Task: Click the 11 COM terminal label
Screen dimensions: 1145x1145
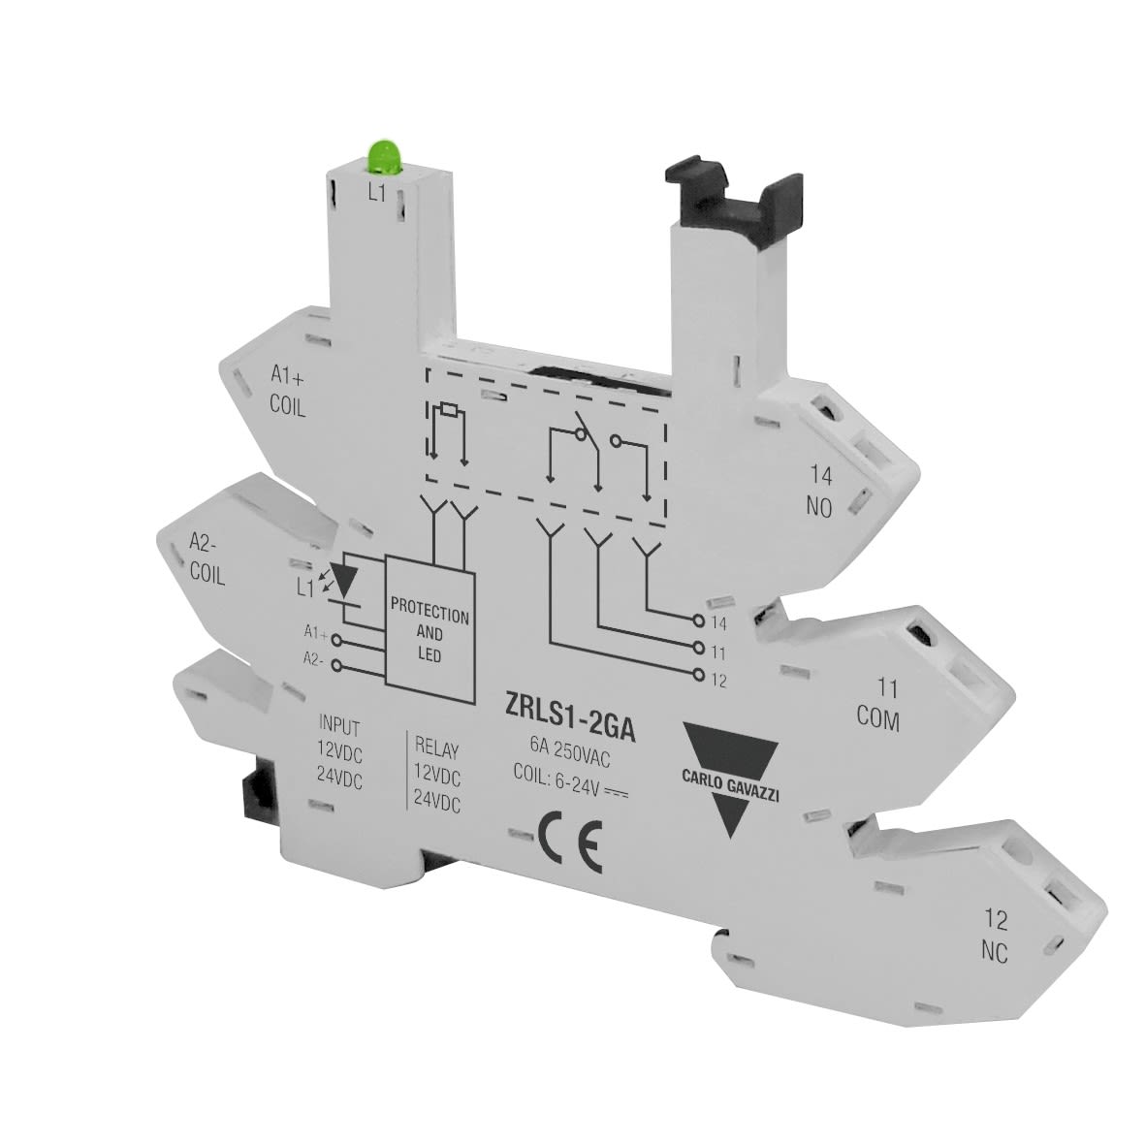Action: pyautogui.click(x=877, y=705)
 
